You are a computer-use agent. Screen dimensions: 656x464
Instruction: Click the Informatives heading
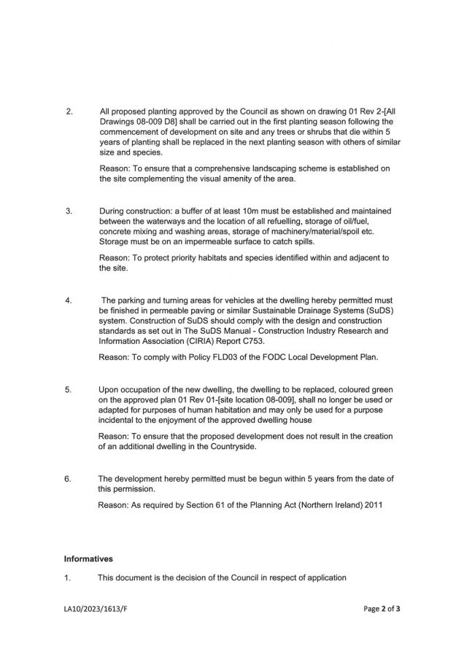[88, 560]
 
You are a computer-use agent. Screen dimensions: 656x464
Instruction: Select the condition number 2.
[69, 112]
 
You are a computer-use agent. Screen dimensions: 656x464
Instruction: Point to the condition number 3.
[69, 211]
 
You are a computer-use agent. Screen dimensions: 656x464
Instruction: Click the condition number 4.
[69, 300]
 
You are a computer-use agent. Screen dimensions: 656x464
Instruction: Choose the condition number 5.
[69, 389]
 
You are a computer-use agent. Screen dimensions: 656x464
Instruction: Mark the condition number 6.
[69, 478]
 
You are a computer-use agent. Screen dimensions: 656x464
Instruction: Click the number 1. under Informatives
[67, 579]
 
